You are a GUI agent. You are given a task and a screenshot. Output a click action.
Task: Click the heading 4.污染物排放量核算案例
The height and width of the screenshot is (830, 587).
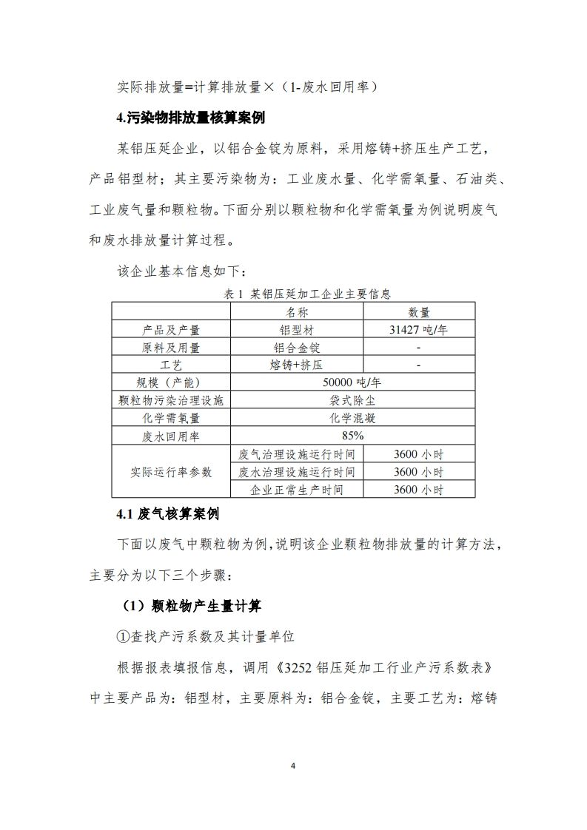pyautogui.click(x=190, y=118)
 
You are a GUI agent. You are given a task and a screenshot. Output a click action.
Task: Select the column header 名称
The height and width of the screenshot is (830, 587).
pyautogui.click(x=297, y=312)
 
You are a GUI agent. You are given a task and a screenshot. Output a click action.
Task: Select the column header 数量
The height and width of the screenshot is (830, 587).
pyautogui.click(x=419, y=312)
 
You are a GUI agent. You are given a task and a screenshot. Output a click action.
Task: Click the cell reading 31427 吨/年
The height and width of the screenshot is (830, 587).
pyautogui.click(x=419, y=330)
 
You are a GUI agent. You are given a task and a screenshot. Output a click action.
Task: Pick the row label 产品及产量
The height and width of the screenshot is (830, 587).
pyautogui.click(x=171, y=330)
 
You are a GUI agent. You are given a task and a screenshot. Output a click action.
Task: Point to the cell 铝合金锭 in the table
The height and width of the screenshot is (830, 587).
pyautogui.click(x=297, y=348)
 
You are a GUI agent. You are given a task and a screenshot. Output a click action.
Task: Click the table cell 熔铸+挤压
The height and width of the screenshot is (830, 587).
pyautogui.click(x=297, y=365)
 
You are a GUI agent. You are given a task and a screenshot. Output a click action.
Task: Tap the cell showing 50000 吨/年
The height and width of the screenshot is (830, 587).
pyautogui.click(x=352, y=382)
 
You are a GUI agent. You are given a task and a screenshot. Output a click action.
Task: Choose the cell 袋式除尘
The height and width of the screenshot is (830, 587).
pyautogui.click(x=352, y=400)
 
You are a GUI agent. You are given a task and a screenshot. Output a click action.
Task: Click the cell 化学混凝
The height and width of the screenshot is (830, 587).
pyautogui.click(x=352, y=418)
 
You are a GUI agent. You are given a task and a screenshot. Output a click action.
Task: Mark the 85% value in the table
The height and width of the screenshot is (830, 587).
pyautogui.click(x=352, y=436)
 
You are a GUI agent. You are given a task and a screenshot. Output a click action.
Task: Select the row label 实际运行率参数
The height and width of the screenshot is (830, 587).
pyautogui.click(x=171, y=471)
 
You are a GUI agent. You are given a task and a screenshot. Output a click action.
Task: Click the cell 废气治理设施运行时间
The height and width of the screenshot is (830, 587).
pyautogui.click(x=297, y=453)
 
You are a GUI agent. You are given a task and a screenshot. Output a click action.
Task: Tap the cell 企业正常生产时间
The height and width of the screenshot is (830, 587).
pyautogui.click(x=297, y=489)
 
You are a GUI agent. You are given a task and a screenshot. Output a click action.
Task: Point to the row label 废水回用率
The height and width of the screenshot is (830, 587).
pyautogui.click(x=171, y=436)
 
